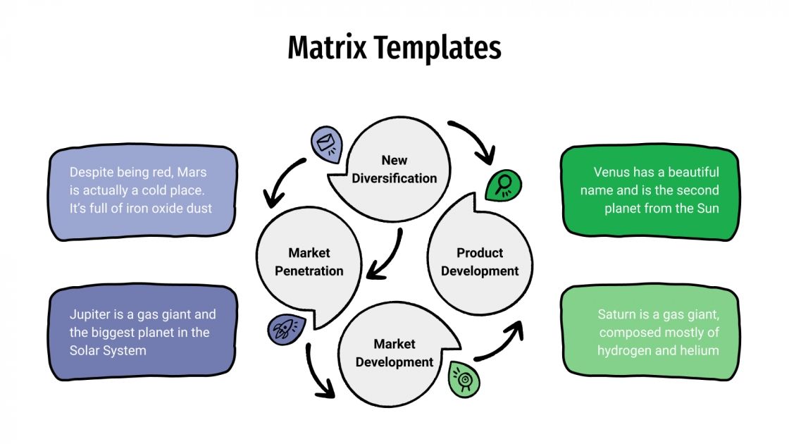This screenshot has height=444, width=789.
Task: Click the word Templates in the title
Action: [437, 48]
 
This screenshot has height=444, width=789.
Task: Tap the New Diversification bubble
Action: [394, 169]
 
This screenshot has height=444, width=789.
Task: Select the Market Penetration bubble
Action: [309, 262]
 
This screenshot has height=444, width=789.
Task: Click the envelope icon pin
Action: [326, 143]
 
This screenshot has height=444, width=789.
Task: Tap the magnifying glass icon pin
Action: [503, 185]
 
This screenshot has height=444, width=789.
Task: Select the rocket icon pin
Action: [285, 328]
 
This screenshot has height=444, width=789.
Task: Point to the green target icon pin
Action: [464, 378]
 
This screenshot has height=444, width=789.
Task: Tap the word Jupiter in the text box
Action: [90, 314]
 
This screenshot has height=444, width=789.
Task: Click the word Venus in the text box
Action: [611, 173]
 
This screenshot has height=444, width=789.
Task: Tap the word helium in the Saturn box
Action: [697, 350]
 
